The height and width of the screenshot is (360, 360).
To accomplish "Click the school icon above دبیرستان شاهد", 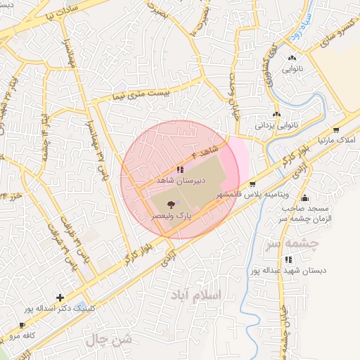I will pos(181,170).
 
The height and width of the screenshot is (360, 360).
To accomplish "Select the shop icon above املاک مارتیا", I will pos(336,130).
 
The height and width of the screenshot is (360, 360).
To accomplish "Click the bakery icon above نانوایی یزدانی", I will pos(277,115).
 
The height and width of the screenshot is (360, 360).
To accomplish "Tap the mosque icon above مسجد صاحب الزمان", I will pos(304,198).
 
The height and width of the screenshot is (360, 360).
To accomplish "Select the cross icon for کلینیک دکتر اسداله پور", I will pos(60,297).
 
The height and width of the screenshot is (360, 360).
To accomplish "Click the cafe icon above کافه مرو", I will pos(22,326).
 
